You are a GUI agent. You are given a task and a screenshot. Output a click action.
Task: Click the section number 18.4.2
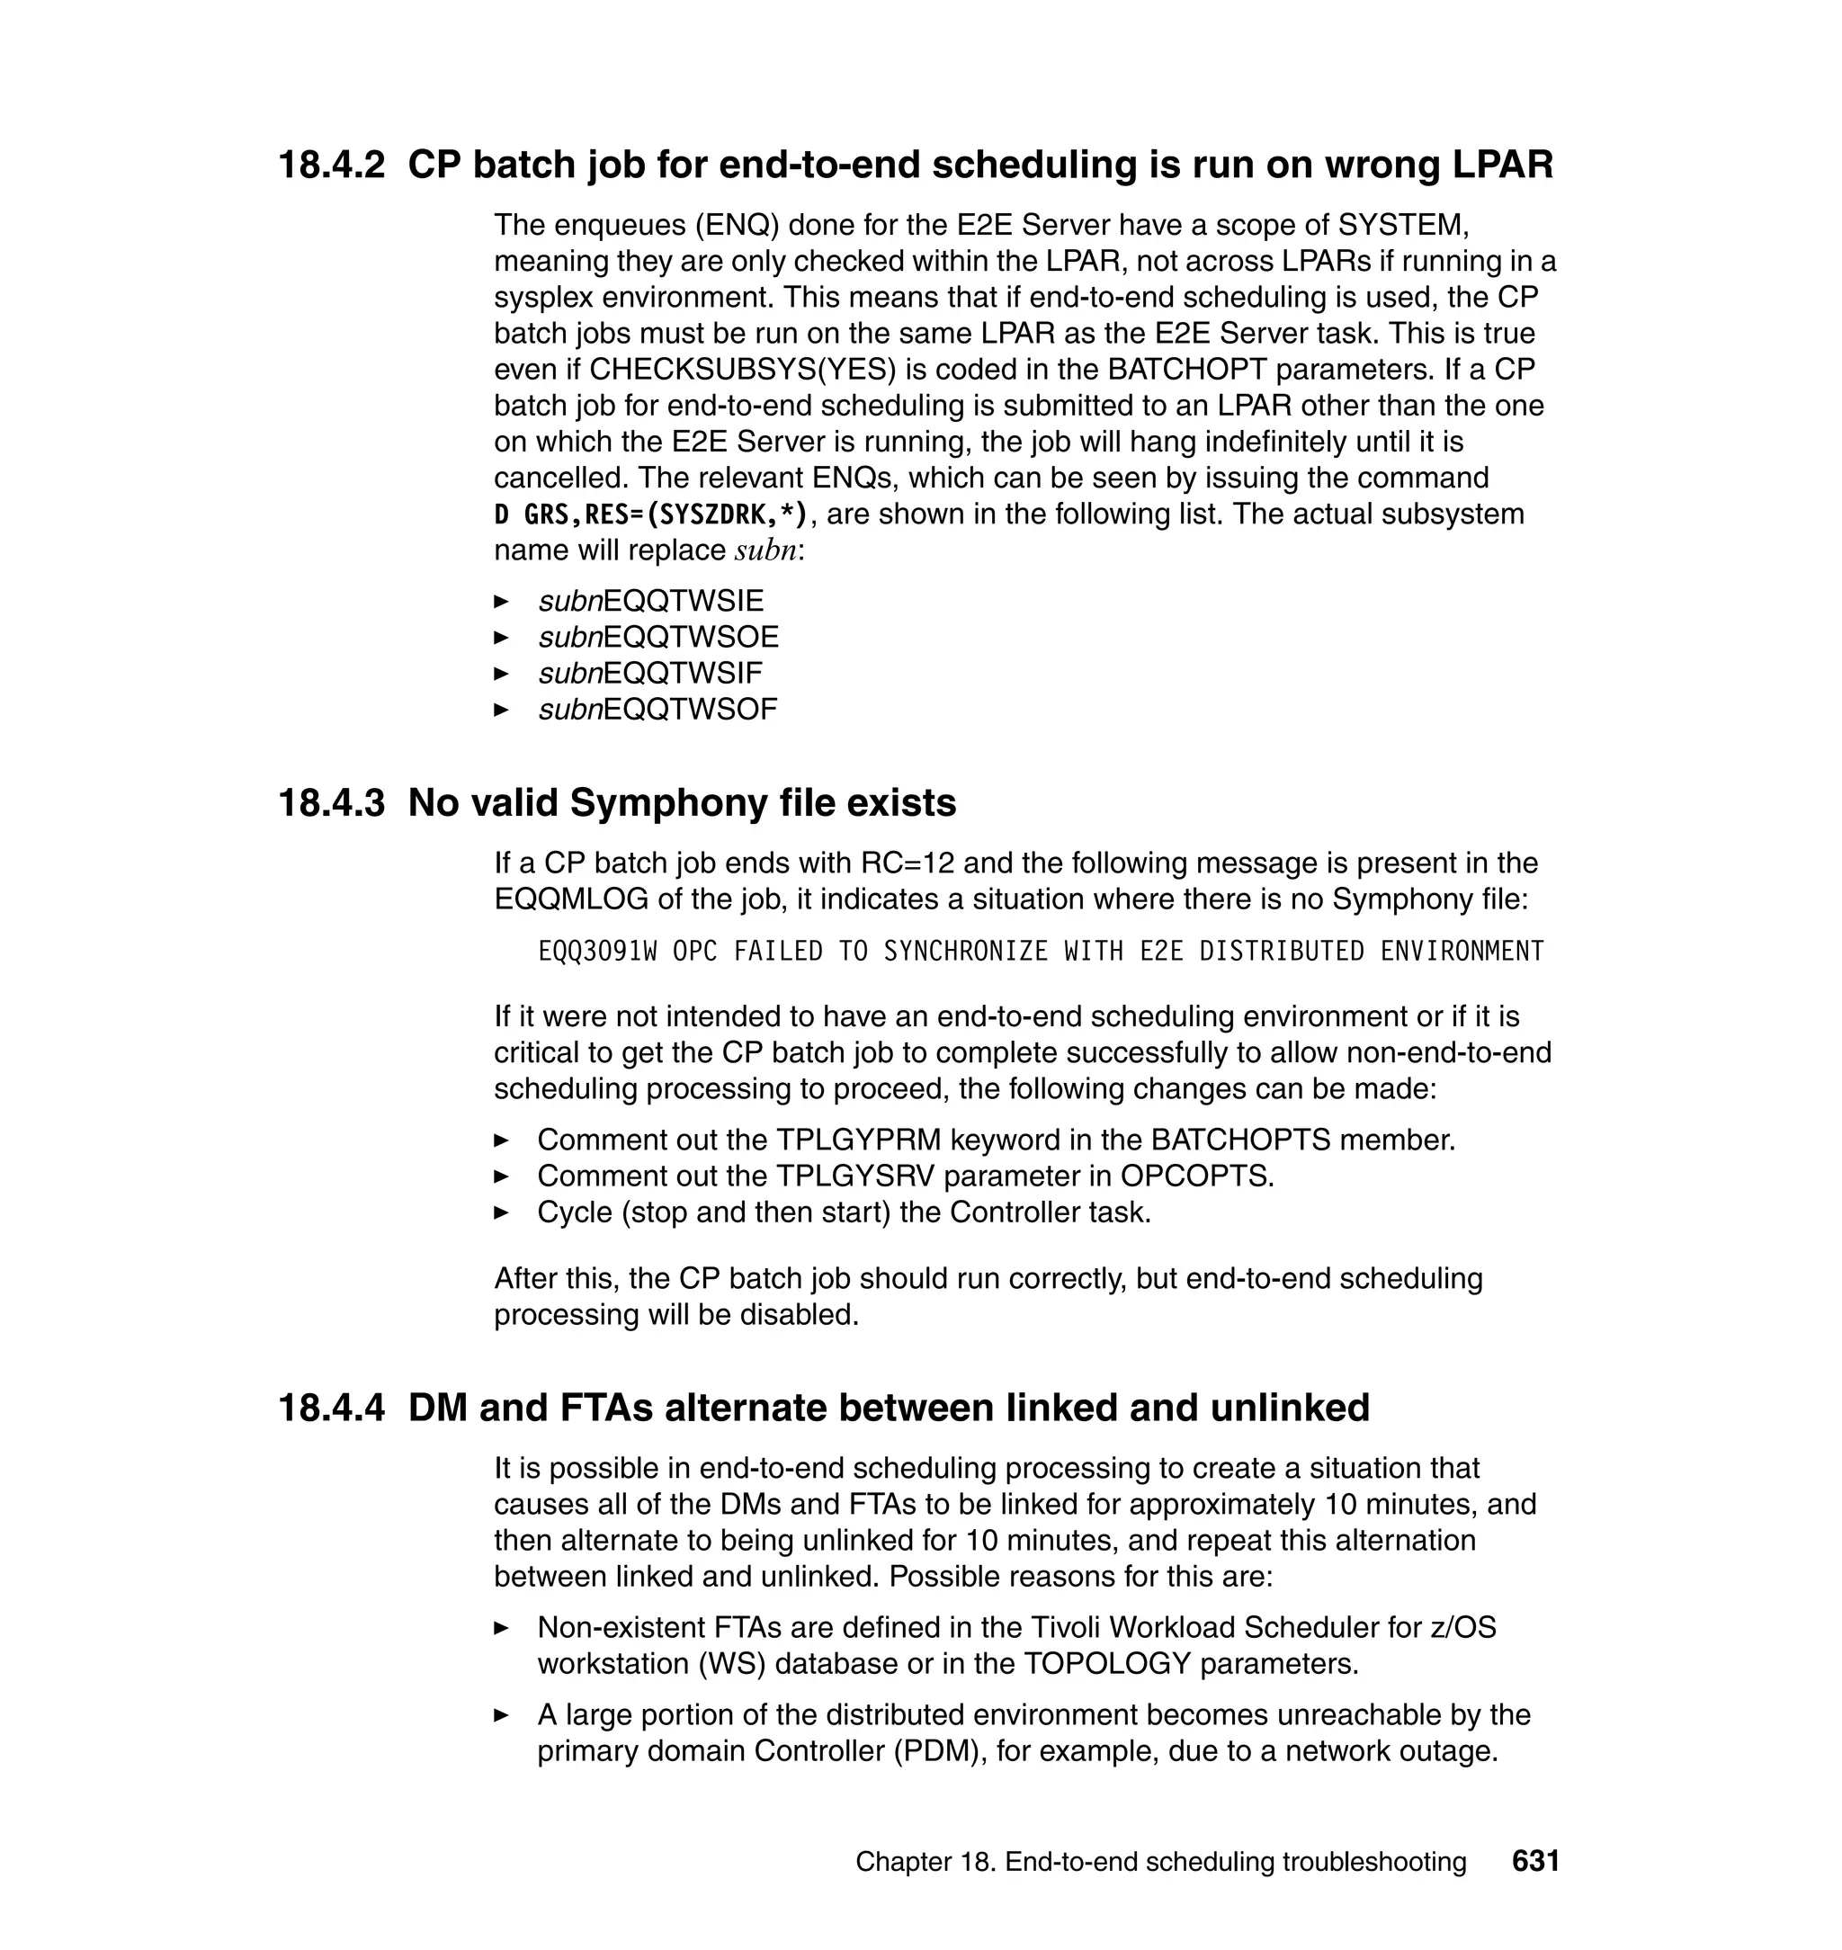coord(331,165)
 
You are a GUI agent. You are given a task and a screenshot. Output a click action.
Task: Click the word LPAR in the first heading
coord(1502,165)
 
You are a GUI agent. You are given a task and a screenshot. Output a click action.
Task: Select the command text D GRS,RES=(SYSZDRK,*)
coord(651,514)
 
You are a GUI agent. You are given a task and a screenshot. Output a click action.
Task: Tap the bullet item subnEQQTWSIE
coord(650,601)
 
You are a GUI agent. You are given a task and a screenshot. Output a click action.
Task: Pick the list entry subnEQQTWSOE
coord(657,637)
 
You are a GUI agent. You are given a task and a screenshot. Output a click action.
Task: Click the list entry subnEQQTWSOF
coord(657,710)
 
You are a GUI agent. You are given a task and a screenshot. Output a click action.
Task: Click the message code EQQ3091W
coord(597,952)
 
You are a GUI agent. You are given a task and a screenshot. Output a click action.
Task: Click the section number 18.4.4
coord(331,1408)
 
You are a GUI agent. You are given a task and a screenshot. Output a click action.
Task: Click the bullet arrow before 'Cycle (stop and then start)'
coord(502,1213)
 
